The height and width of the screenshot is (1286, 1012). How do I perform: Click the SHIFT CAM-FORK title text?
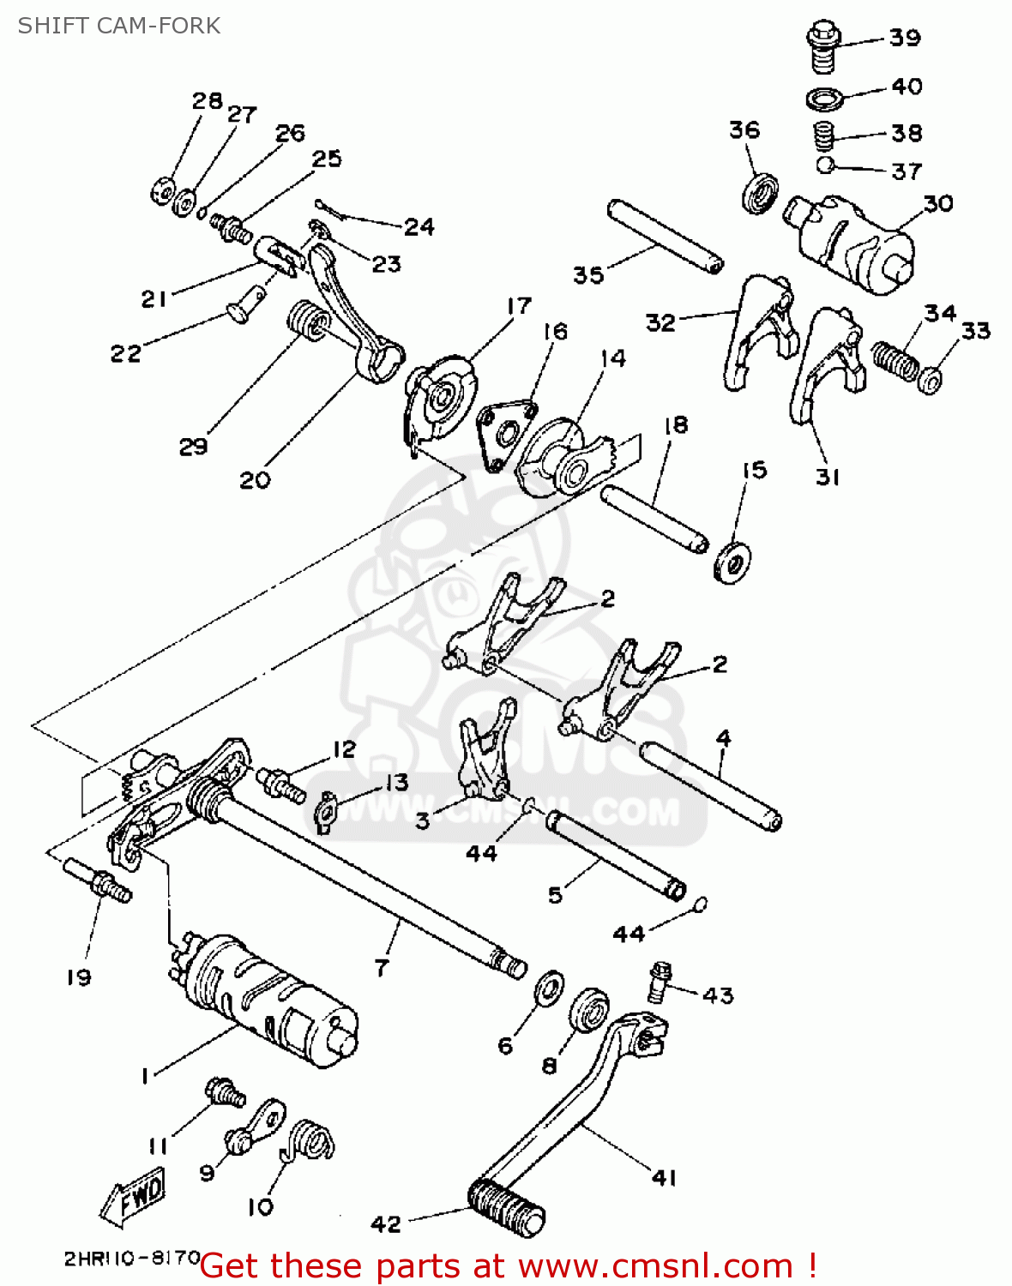click(x=118, y=26)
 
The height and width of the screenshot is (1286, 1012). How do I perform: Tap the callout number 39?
click(x=905, y=38)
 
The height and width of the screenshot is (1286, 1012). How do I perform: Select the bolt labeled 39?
click(x=822, y=48)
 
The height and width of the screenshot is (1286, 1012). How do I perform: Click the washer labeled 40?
click(x=824, y=99)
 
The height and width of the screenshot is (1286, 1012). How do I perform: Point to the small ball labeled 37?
click(x=825, y=164)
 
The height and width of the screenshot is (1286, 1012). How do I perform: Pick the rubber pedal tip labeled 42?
click(x=506, y=1204)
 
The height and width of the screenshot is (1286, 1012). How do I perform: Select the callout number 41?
click(x=665, y=1178)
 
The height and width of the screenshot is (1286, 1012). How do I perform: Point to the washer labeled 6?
click(x=549, y=989)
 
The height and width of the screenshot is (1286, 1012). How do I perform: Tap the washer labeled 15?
click(x=732, y=562)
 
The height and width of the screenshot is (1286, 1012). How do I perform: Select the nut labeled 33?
click(x=930, y=378)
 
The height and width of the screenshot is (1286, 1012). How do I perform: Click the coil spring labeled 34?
click(x=895, y=360)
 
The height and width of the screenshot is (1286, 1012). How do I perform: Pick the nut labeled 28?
click(x=161, y=191)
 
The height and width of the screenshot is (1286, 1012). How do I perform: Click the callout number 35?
click(x=588, y=275)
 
